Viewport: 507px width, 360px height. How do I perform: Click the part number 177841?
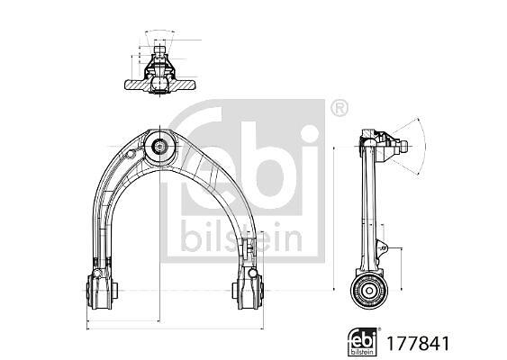[x=418, y=343]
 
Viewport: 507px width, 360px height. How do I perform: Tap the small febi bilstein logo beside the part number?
[x=363, y=342]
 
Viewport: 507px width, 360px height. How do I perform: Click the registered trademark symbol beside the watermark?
[x=340, y=109]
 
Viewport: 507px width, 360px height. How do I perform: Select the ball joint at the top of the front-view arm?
[x=159, y=148]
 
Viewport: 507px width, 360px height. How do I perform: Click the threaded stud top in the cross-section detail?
[x=159, y=49]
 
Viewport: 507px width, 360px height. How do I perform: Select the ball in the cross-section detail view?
[x=159, y=83]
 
